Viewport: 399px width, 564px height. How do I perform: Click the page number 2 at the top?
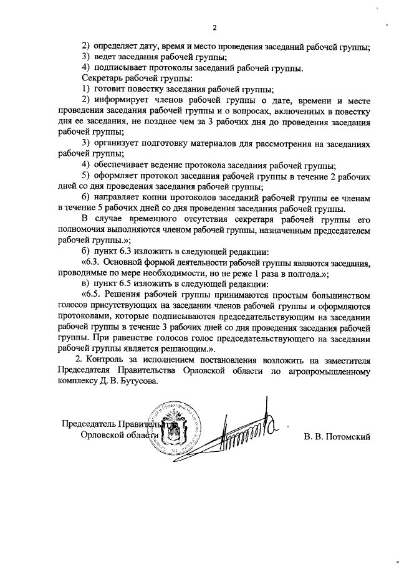(213, 27)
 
